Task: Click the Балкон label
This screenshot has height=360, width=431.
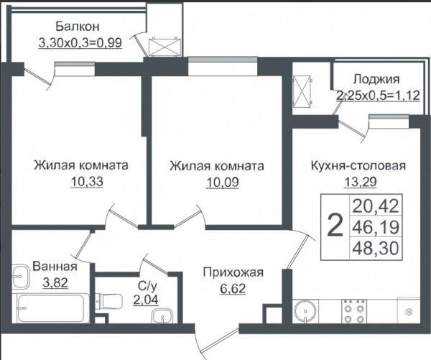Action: [78, 27]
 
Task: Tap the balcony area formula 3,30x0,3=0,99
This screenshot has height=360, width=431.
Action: [80, 43]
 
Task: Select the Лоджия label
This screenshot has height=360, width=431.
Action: [376, 79]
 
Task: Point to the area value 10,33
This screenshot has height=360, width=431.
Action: [87, 182]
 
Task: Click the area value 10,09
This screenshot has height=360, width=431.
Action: [223, 182]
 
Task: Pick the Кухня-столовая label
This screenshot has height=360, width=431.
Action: [358, 166]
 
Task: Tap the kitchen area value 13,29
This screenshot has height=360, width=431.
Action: [360, 182]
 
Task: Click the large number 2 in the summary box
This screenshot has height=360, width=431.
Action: [335, 227]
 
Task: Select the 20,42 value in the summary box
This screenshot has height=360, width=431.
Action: [376, 206]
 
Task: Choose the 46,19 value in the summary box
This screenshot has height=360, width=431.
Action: [376, 227]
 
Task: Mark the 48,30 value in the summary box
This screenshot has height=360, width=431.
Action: [376, 249]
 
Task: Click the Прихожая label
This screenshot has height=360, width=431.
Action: [233, 272]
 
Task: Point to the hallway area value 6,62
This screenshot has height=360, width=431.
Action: [233, 288]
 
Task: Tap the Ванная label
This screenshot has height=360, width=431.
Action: [55, 266]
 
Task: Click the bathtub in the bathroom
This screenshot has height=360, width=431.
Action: [50, 308]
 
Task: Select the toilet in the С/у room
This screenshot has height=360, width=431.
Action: [108, 302]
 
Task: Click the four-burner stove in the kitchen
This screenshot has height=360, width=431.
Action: [354, 311]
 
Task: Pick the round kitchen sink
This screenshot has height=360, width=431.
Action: [305, 311]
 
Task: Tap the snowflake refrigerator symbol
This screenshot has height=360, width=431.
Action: [409, 312]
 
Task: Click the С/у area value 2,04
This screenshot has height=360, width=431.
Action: [146, 300]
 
